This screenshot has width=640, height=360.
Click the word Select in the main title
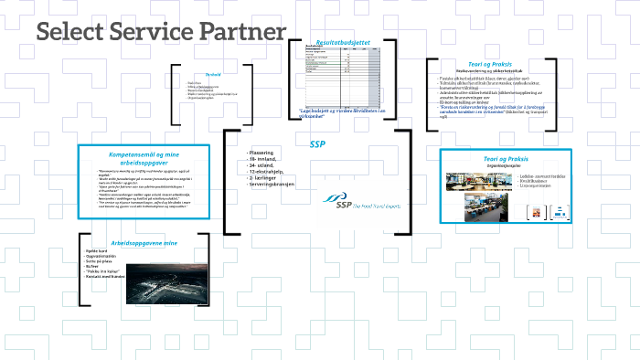[74, 34]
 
